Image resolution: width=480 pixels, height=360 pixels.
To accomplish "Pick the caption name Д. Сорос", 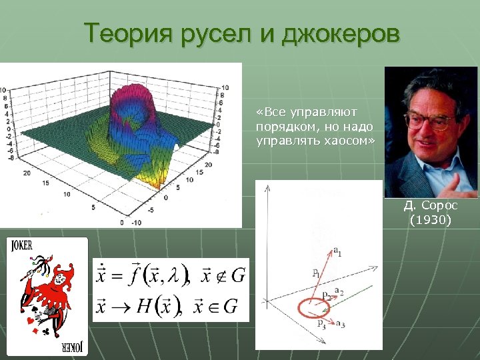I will [x=430, y=206].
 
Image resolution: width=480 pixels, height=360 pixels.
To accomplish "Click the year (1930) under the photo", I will [x=430, y=219].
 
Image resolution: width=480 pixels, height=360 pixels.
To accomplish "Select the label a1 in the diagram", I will [x=337, y=251].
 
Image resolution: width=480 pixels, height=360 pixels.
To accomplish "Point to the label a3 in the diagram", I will [x=340, y=325].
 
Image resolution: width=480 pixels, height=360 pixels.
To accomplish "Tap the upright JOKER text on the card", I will [x=21, y=245].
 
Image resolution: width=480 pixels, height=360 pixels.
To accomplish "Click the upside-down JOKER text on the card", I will [x=71, y=348].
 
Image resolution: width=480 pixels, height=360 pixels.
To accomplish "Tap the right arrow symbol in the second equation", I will [x=119, y=306].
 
